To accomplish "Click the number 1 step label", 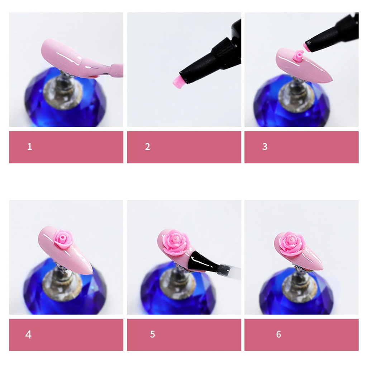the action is tap(29, 147).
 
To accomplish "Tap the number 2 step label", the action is tap(147, 147).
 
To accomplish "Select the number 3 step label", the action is tap(265, 147).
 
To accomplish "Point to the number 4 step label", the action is tap(28, 334).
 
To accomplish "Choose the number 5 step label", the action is tap(153, 334).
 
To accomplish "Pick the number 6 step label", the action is tap(278, 334).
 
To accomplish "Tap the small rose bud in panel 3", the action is tap(298, 56).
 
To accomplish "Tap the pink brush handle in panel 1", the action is tap(116, 70).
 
